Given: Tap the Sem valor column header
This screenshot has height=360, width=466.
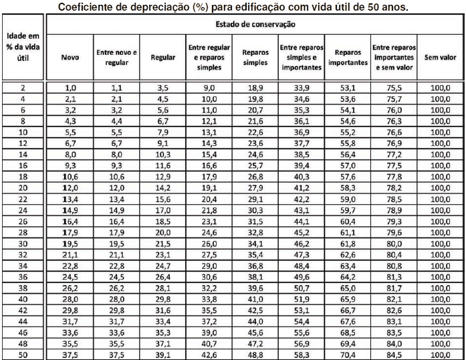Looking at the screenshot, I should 439,58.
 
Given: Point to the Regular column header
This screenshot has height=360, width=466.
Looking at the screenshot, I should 163,58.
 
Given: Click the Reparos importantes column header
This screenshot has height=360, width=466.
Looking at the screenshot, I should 348,58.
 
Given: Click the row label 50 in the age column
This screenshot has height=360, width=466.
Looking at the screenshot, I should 23,355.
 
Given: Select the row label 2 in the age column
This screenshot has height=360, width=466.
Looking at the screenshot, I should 23,88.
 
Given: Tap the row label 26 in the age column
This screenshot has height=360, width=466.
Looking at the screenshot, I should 23,221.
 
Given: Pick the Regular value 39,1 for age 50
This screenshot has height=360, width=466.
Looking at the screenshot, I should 163,355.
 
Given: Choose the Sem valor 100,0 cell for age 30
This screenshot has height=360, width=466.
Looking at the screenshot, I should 439,244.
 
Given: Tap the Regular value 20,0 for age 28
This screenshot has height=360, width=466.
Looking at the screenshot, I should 163,232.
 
